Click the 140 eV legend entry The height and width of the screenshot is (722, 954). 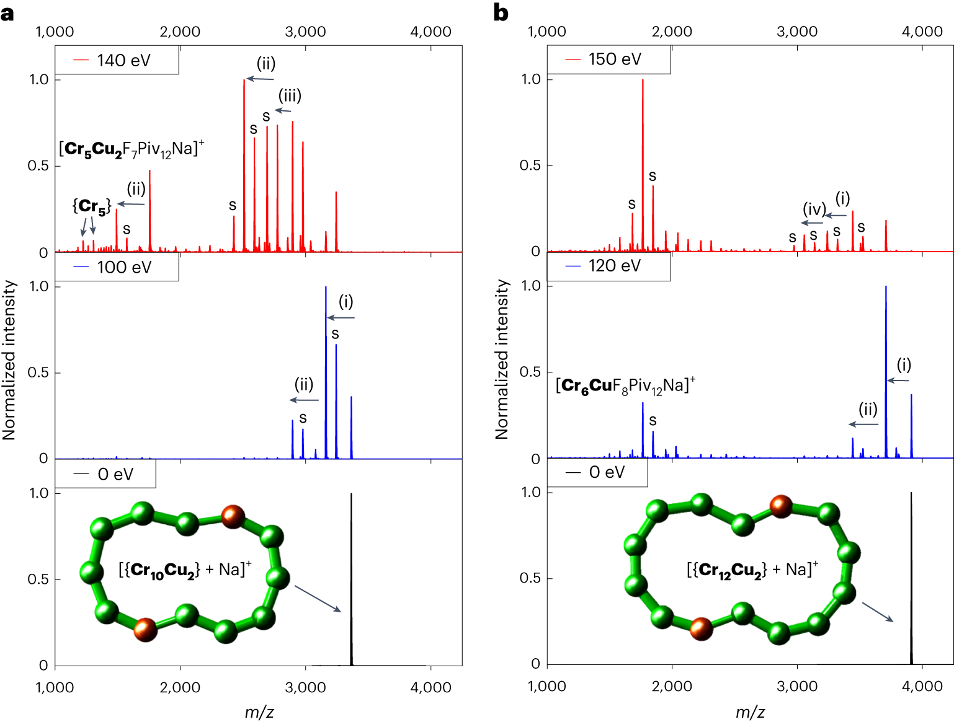click(x=117, y=60)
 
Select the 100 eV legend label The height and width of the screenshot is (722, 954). click(x=117, y=267)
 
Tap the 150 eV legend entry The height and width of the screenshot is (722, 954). click(x=608, y=59)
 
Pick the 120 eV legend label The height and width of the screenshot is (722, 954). click(x=608, y=266)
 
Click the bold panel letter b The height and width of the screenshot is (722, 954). click(x=501, y=13)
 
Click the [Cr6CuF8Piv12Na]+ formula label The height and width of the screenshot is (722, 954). click(x=625, y=386)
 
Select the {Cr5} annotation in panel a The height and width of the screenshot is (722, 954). click(x=92, y=206)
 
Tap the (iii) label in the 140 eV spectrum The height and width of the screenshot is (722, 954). click(x=290, y=95)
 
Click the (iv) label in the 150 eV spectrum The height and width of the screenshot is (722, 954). click(x=814, y=209)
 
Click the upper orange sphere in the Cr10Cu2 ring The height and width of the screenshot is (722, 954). click(x=233, y=516)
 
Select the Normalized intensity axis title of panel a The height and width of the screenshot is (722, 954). click(x=9, y=359)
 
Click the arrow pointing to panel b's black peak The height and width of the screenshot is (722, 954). click(x=878, y=612)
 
